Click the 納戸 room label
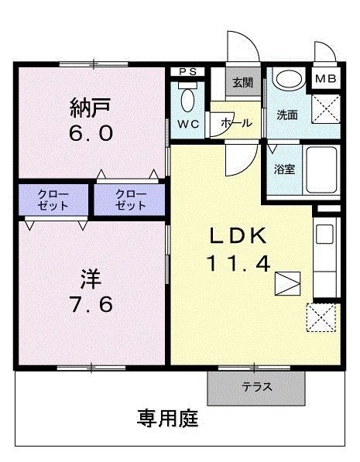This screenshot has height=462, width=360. tap(91, 106)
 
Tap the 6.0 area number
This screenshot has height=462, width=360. tap(91, 133)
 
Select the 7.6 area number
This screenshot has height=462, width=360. tap(91, 303)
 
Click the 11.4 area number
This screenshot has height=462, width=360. tap(238, 264)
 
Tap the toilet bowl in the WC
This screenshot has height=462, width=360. tap(188, 98)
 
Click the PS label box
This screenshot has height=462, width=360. tap(187, 72)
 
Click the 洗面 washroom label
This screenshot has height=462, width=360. tap(287, 115)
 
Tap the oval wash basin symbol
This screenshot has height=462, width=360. tap(290, 79)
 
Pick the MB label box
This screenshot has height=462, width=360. tap(324, 79)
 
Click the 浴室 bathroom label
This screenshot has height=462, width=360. tap(284, 169)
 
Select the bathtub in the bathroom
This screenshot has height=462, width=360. tap(320, 170)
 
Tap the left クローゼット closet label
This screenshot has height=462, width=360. tap(53, 200)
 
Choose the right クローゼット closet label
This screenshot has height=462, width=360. tap(130, 200)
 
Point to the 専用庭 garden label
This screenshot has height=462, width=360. tap(168, 419)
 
